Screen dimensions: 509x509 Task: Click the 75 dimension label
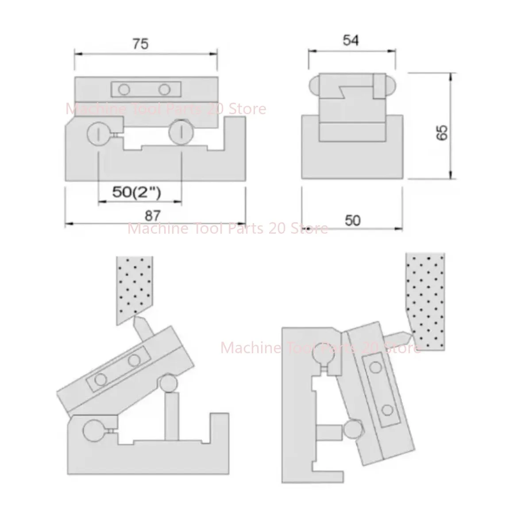click(x=141, y=44)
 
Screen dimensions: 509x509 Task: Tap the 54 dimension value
click(x=351, y=40)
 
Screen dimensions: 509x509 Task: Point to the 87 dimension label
click(x=153, y=216)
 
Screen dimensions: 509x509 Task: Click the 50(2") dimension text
click(x=137, y=192)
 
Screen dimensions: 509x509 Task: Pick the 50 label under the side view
click(x=352, y=220)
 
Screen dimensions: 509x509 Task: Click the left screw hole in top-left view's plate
click(x=123, y=89)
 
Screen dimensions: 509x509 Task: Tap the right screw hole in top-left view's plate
click(x=164, y=89)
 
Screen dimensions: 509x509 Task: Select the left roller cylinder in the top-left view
click(x=98, y=133)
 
